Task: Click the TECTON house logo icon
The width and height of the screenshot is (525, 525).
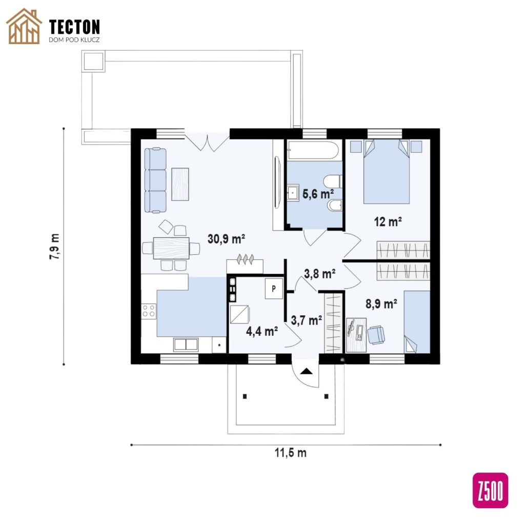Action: pyautogui.click(x=24, y=27)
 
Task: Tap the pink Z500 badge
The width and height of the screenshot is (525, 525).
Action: pyautogui.click(x=490, y=490)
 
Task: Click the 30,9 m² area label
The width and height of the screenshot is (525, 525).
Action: pyautogui.click(x=226, y=239)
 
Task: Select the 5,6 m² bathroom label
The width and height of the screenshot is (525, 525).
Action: pyautogui.click(x=318, y=193)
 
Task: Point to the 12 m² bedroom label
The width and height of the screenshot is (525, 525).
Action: pyautogui.click(x=388, y=221)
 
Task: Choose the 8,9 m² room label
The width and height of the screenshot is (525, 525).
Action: pyautogui.click(x=381, y=304)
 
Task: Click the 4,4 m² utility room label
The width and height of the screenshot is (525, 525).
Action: pyautogui.click(x=262, y=331)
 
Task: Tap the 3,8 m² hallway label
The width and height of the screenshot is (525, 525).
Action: pyautogui.click(x=320, y=274)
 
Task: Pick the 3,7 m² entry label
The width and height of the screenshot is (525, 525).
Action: pyautogui.click(x=307, y=320)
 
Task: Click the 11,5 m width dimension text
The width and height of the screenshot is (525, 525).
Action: pyautogui.click(x=290, y=453)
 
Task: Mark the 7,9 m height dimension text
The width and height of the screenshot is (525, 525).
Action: pyautogui.click(x=54, y=247)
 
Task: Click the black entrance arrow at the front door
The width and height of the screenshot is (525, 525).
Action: pyautogui.click(x=306, y=371)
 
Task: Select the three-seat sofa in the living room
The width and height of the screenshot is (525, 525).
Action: pyautogui.click(x=155, y=180)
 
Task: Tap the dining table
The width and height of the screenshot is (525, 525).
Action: pyautogui.click(x=171, y=248)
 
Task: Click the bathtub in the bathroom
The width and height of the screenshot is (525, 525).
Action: pyautogui.click(x=314, y=150)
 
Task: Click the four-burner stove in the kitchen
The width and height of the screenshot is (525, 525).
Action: pyautogui.click(x=149, y=310)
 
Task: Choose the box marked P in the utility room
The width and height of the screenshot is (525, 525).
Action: pyautogui.click(x=274, y=288)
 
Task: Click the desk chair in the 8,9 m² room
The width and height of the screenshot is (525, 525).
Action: pyautogui.click(x=376, y=334)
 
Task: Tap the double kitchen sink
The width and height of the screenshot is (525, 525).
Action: pyautogui.click(x=186, y=345)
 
